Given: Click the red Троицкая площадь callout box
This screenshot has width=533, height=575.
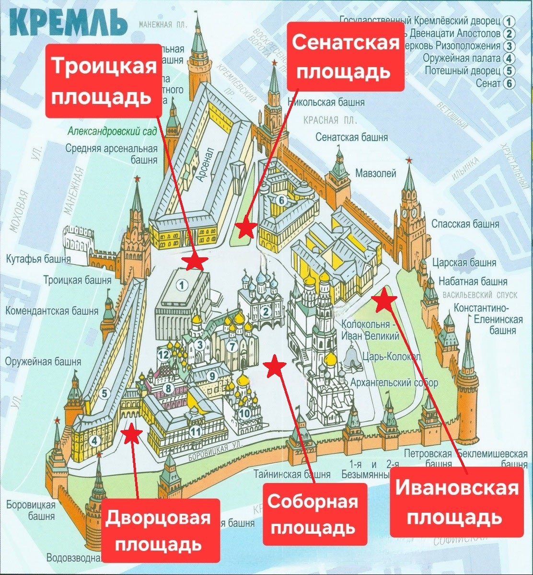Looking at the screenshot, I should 104,80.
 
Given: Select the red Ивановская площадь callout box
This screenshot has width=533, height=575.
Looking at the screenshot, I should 456,502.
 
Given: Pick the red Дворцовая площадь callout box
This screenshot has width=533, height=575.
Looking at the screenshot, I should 158,531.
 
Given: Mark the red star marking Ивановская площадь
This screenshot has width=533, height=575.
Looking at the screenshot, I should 385,301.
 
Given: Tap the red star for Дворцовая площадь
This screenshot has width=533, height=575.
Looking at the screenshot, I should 132,434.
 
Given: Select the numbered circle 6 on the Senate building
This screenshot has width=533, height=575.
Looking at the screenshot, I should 282,200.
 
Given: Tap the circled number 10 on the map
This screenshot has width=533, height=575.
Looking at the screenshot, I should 244,413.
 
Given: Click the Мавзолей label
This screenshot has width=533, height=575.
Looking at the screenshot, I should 376,173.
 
